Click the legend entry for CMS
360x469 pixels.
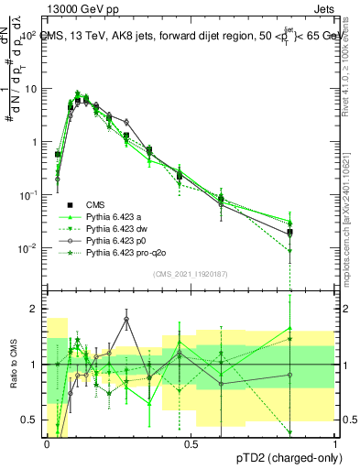click(x=95, y=204)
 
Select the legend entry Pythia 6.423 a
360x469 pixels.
click(x=115, y=216)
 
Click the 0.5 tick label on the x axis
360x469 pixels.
click(x=191, y=443)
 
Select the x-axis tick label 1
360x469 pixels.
click(x=335, y=443)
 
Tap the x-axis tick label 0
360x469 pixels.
click(x=47, y=443)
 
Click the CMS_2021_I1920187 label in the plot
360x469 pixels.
click(x=190, y=273)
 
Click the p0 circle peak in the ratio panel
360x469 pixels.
click(x=126, y=320)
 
